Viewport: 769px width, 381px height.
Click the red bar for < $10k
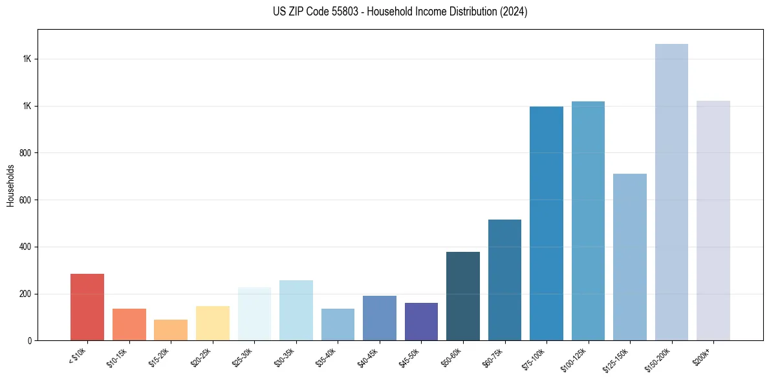pyautogui.click(x=87, y=307)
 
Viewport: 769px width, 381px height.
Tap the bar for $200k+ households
pyautogui.click(x=713, y=220)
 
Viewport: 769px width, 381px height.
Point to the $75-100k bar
pyautogui.click(x=547, y=223)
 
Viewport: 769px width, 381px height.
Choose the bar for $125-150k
pyautogui.click(x=630, y=257)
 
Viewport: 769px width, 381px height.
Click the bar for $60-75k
pyautogui.click(x=504, y=280)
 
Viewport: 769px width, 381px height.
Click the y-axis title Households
pyautogui.click(x=11, y=185)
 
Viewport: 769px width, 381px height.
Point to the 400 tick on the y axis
pyautogui.click(x=26, y=247)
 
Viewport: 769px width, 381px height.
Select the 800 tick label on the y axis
pyautogui.click(x=26, y=153)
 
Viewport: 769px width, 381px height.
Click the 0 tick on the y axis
pyautogui.click(x=30, y=340)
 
